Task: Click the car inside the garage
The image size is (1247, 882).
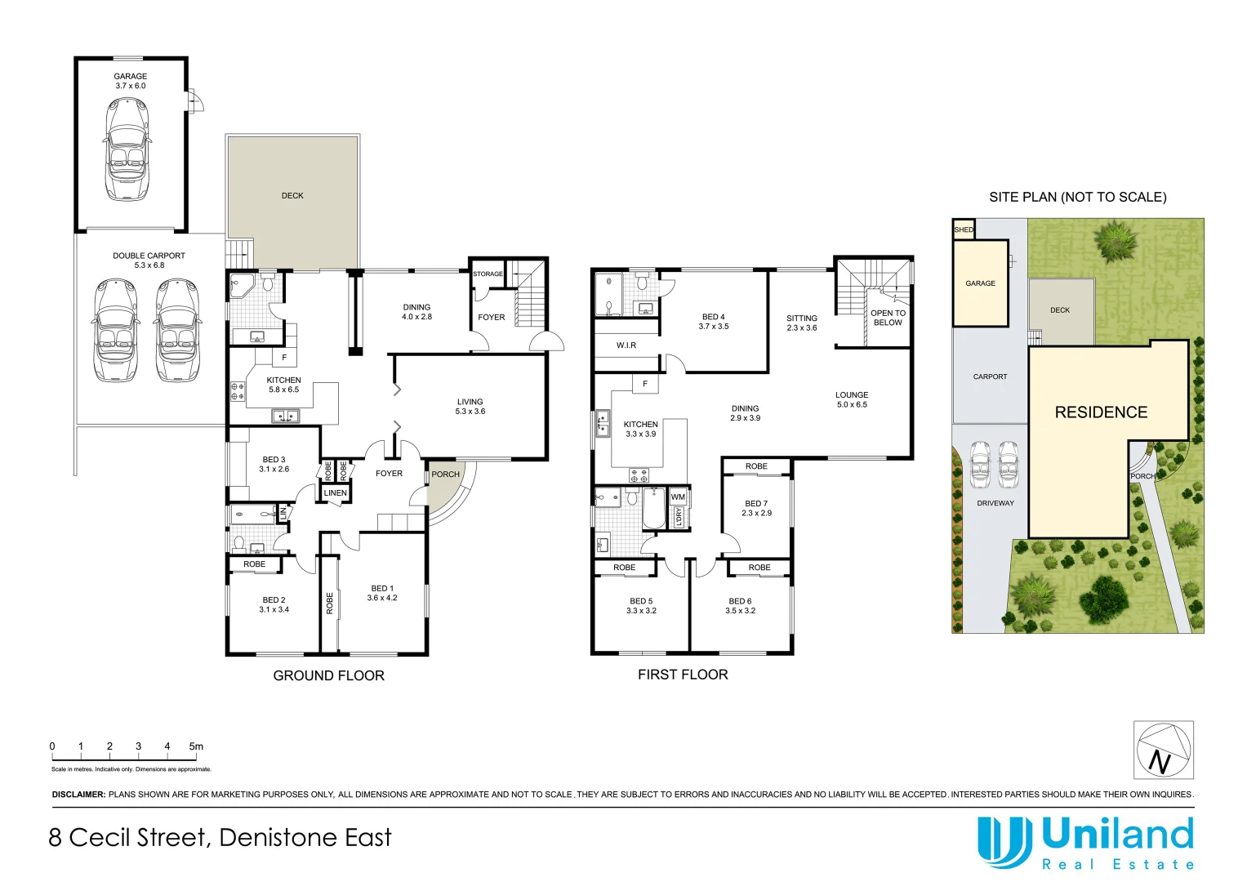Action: click(x=127, y=149)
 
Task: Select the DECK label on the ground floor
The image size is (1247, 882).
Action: click(x=292, y=196)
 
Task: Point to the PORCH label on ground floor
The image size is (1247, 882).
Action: click(x=445, y=474)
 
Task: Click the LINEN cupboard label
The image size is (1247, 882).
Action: click(x=335, y=493)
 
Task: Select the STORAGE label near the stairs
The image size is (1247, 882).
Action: click(x=488, y=274)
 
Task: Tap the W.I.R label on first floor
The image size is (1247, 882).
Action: click(x=626, y=345)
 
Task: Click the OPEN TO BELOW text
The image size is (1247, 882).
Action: click(x=888, y=318)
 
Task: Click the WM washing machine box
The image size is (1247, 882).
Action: click(x=678, y=497)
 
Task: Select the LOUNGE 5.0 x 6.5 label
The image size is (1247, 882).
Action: click(x=852, y=399)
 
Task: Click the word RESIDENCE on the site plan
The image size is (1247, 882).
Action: click(x=1101, y=412)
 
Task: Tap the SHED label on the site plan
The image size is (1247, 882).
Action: click(x=964, y=230)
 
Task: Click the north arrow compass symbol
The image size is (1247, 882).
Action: click(x=1163, y=750)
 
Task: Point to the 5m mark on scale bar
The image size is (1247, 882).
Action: click(x=196, y=746)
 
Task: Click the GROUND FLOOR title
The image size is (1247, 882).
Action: click(x=328, y=675)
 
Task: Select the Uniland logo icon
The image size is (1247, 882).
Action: click(x=1004, y=842)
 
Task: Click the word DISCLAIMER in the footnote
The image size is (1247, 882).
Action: click(x=78, y=795)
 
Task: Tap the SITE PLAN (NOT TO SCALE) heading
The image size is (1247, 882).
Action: click(x=1077, y=197)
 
